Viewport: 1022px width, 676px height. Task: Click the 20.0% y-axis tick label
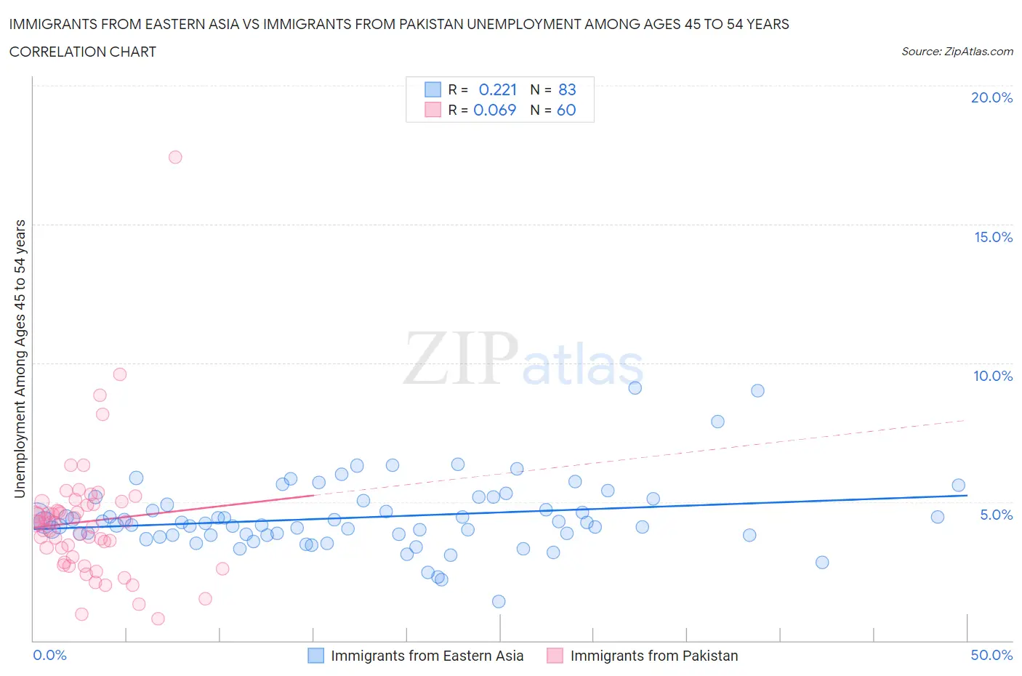(x=991, y=97)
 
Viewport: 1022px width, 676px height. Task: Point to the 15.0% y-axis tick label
(x=993, y=237)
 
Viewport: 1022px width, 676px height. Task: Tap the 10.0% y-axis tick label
(x=993, y=376)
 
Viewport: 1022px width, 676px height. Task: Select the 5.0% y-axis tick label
(x=996, y=515)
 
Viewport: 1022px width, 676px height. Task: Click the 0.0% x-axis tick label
(x=49, y=655)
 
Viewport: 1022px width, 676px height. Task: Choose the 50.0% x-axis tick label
(x=991, y=655)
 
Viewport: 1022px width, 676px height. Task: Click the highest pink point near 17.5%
(x=175, y=157)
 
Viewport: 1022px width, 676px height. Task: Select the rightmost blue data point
(x=958, y=486)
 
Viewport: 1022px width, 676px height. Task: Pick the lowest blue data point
(x=499, y=601)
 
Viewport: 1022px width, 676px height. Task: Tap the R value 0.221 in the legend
(x=497, y=89)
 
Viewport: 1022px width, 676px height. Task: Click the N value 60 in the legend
(x=566, y=110)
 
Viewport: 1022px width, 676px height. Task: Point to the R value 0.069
(x=494, y=110)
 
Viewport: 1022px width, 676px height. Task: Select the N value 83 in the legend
(x=567, y=89)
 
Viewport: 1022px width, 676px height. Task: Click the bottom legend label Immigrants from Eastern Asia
(x=427, y=656)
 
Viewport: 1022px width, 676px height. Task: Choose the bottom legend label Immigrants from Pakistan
(x=653, y=656)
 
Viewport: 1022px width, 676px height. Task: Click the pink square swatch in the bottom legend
(x=555, y=656)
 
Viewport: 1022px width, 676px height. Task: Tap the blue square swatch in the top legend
(x=432, y=89)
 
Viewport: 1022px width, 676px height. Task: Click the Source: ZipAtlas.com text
(x=957, y=52)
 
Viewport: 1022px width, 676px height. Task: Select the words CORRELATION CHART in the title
(x=83, y=52)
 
